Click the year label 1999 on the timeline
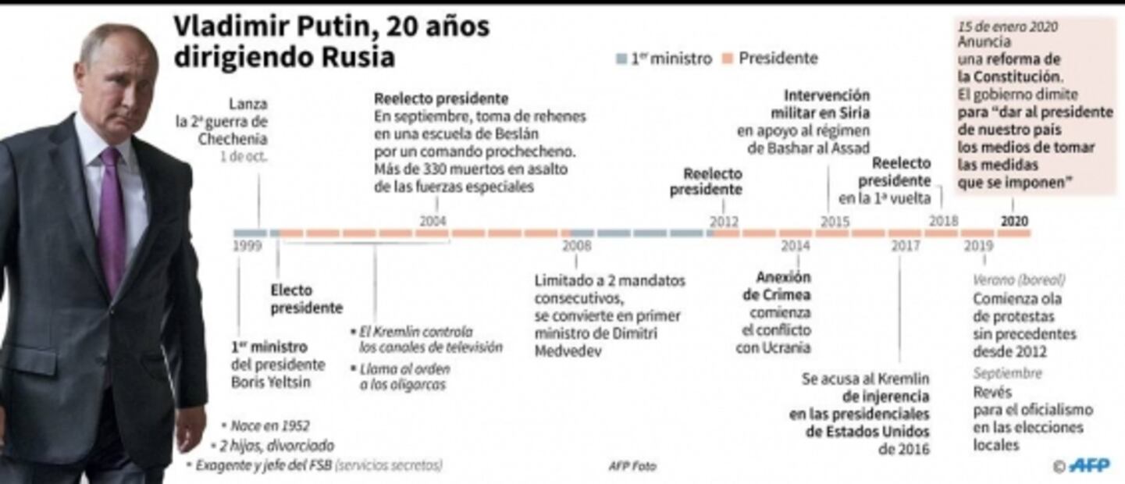click(x=247, y=247)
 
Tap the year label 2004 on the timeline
click(x=433, y=221)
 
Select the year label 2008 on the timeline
click(x=577, y=246)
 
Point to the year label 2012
click(x=724, y=222)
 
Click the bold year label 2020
click(x=1014, y=222)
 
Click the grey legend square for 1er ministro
click(x=621, y=59)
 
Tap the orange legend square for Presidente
click(x=728, y=59)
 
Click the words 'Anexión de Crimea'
click(x=776, y=286)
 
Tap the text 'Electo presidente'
click(x=306, y=299)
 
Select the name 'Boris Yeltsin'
click(x=270, y=383)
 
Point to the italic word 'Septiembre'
click(x=1007, y=373)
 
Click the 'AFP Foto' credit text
click(x=632, y=466)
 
